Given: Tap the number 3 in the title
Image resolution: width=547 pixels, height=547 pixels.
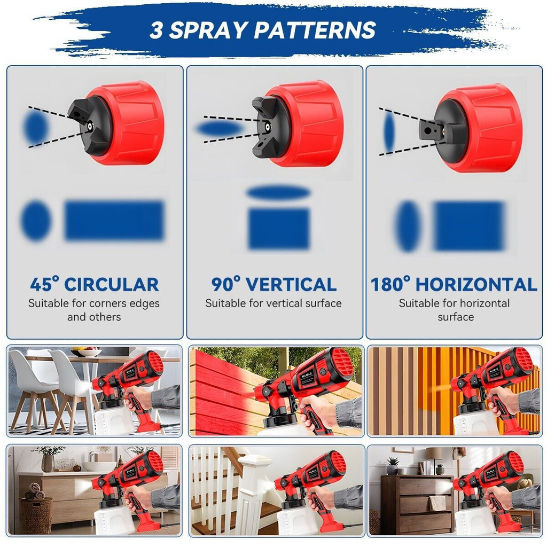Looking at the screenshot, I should tap(155, 30).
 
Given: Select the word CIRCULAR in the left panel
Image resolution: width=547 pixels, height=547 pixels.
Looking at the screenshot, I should tap(112, 284).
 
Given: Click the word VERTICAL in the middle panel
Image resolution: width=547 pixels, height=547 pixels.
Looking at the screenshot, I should tap(292, 284).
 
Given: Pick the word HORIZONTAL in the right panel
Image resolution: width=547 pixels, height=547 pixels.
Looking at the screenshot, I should tap(476, 284).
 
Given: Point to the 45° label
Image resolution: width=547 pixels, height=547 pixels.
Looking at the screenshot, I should tap(45, 284).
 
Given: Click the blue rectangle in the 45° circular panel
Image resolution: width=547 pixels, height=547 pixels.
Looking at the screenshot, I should tap(114, 220).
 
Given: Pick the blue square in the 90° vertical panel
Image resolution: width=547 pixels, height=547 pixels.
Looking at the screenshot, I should tap(279, 229).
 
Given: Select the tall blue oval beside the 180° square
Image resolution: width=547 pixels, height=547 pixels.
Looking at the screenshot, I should tap(409, 226).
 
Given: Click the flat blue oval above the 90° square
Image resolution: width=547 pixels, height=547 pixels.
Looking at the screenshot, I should tap(279, 193).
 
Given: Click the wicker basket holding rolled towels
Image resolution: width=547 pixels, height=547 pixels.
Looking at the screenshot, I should tap(36, 513).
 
